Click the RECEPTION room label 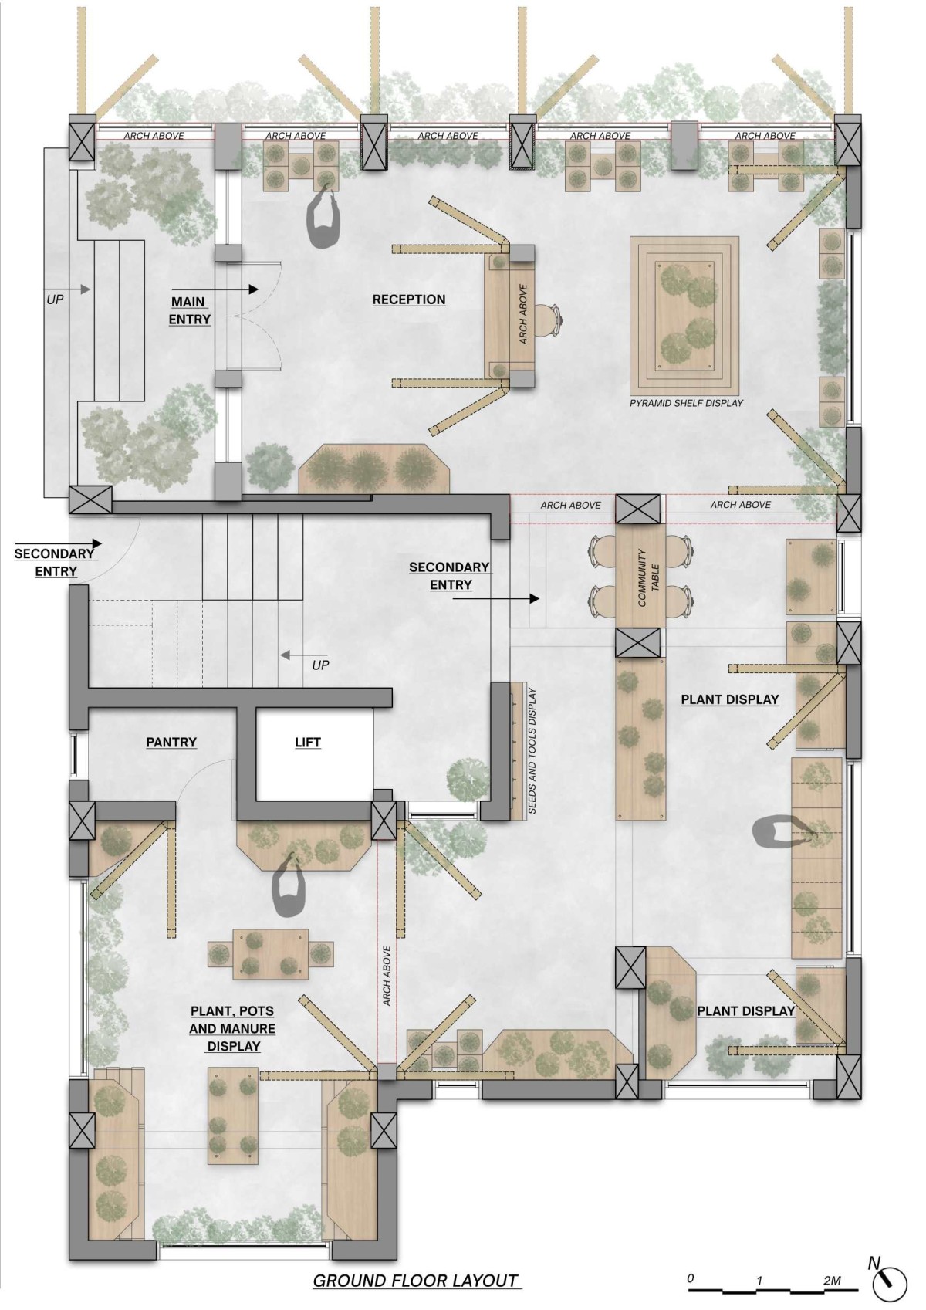point(409,300)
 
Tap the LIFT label point(307,742)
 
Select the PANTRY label point(171,742)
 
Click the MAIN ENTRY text point(189,310)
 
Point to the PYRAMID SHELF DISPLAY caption point(686,403)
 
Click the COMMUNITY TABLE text point(648,577)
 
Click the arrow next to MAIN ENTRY point(215,289)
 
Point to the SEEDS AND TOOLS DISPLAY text point(532,751)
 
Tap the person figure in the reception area point(324,216)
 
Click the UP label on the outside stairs point(54,300)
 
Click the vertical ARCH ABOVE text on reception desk point(523,314)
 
